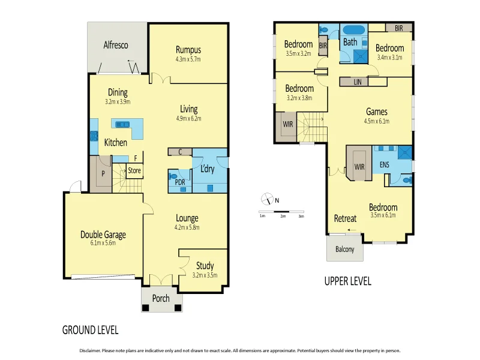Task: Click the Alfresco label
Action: tap(115, 45)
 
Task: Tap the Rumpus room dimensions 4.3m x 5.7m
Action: tap(188, 59)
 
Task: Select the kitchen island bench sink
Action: tap(122, 125)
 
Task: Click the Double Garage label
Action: tap(103, 235)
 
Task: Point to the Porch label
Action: tap(161, 298)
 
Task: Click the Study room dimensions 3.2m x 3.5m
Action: tap(205, 275)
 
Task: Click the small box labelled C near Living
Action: tap(180, 152)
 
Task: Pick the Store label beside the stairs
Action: tap(134, 170)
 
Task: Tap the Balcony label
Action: tap(344, 250)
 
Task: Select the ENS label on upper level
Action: tap(385, 163)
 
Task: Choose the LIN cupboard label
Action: tap(357, 81)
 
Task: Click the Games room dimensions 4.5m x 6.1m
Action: tap(377, 121)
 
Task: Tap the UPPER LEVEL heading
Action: tap(347, 281)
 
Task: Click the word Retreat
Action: tap(345, 218)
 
